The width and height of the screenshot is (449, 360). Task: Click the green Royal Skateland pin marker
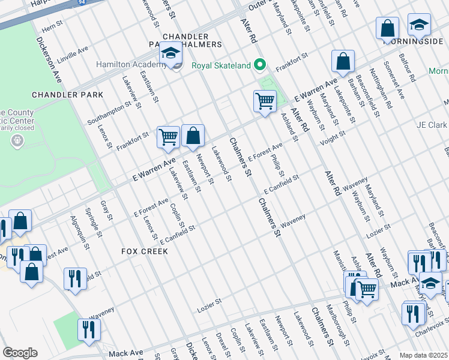pyautogui.click(x=260, y=65)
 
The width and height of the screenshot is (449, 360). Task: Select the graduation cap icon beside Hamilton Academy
pyautogui.click(x=171, y=55)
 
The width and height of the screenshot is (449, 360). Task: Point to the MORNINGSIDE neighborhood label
pyautogui.click(x=415, y=44)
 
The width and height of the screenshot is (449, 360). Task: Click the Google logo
pyautogui.click(x=20, y=353)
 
